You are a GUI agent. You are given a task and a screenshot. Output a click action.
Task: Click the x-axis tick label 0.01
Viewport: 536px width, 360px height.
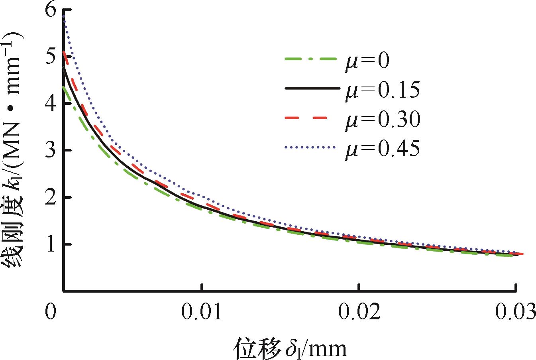click(x=202, y=313)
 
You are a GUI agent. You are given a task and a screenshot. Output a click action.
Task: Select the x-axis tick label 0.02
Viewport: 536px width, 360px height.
click(x=359, y=313)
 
